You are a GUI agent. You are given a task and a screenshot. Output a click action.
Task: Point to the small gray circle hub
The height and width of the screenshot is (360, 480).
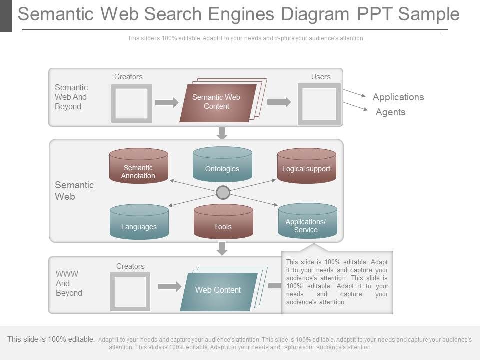223,192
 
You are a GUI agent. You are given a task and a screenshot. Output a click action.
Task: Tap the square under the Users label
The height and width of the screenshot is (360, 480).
319,104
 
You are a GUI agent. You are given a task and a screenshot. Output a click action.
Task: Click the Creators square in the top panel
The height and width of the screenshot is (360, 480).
131,103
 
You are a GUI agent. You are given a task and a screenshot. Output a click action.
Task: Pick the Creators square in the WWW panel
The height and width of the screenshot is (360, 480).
130,292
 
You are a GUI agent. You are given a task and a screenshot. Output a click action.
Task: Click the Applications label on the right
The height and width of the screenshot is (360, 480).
398,97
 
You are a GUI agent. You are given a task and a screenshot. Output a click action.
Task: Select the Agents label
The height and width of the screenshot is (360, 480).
390,112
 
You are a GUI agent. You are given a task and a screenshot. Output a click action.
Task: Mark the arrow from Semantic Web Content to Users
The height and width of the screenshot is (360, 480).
279,102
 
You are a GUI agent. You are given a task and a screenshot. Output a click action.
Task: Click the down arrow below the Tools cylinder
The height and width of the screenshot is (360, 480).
222,248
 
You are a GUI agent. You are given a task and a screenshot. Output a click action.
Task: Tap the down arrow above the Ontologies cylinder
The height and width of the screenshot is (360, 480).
222,133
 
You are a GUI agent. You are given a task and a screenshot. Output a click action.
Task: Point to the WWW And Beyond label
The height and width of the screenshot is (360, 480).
68,283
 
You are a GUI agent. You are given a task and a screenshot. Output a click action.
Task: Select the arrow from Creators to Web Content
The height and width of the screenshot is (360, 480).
170,287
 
